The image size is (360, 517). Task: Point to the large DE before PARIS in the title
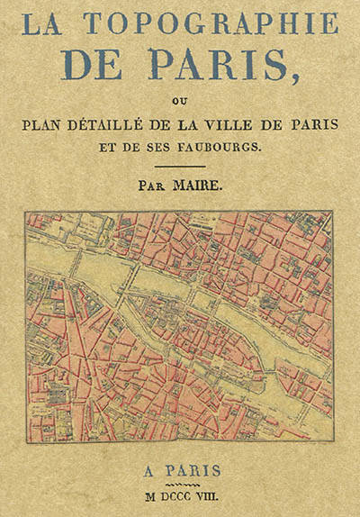click(110, 64)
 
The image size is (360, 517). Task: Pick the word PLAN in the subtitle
click(48, 123)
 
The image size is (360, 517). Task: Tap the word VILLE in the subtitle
click(229, 123)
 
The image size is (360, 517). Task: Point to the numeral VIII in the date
click(216, 495)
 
